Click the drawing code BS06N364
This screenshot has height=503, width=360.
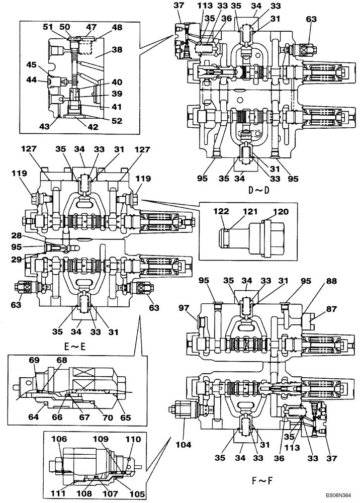[x=338, y=494]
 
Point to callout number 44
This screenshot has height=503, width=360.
[x=32, y=80]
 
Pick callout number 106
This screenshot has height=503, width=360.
[x=59, y=439]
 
